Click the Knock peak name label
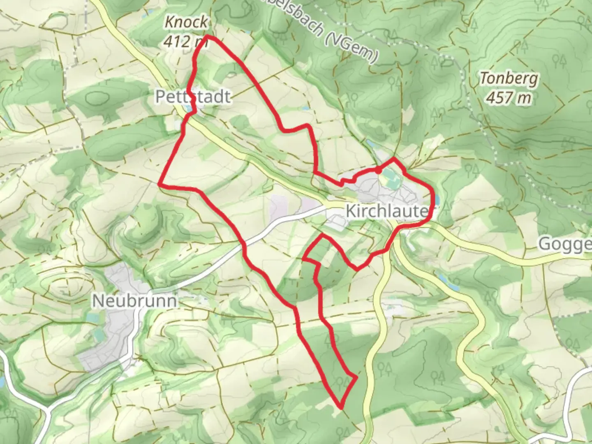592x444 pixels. coord(186,22)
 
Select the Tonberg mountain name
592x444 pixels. coord(509,78)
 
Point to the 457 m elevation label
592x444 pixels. coord(508,97)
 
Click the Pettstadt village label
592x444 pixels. coord(193,97)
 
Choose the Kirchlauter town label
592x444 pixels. coord(386,211)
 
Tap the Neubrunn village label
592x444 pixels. coord(134,301)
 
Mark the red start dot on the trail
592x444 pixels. coord(377,170)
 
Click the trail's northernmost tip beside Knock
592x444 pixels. coord(208,37)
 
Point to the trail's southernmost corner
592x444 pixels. coord(341,407)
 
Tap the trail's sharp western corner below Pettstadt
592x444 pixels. coord(160,185)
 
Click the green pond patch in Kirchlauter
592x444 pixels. coord(387,179)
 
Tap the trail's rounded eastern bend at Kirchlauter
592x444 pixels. coord(432,201)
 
